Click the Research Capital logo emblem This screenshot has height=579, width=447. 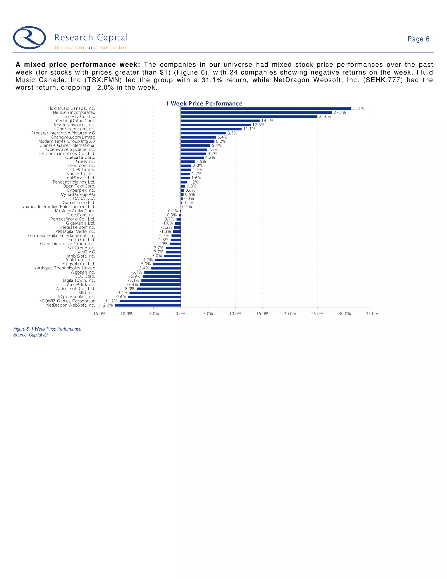point(29,38)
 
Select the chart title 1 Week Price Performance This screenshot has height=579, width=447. point(204,104)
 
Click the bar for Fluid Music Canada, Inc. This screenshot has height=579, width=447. point(266,108)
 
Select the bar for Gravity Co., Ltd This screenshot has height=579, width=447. point(249,117)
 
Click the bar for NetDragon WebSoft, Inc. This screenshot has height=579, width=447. point(148,305)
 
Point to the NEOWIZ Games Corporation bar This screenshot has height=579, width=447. point(150,301)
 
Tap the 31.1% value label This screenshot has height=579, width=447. point(358,108)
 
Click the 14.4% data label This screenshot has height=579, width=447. point(267,121)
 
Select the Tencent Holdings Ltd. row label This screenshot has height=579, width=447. point(74,182)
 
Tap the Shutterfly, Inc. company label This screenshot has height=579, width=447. point(81,174)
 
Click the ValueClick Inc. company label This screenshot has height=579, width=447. point(81,285)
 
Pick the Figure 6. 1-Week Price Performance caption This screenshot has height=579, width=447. point(47,329)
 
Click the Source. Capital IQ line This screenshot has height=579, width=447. point(31,335)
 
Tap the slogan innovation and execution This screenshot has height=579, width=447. point(91,48)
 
